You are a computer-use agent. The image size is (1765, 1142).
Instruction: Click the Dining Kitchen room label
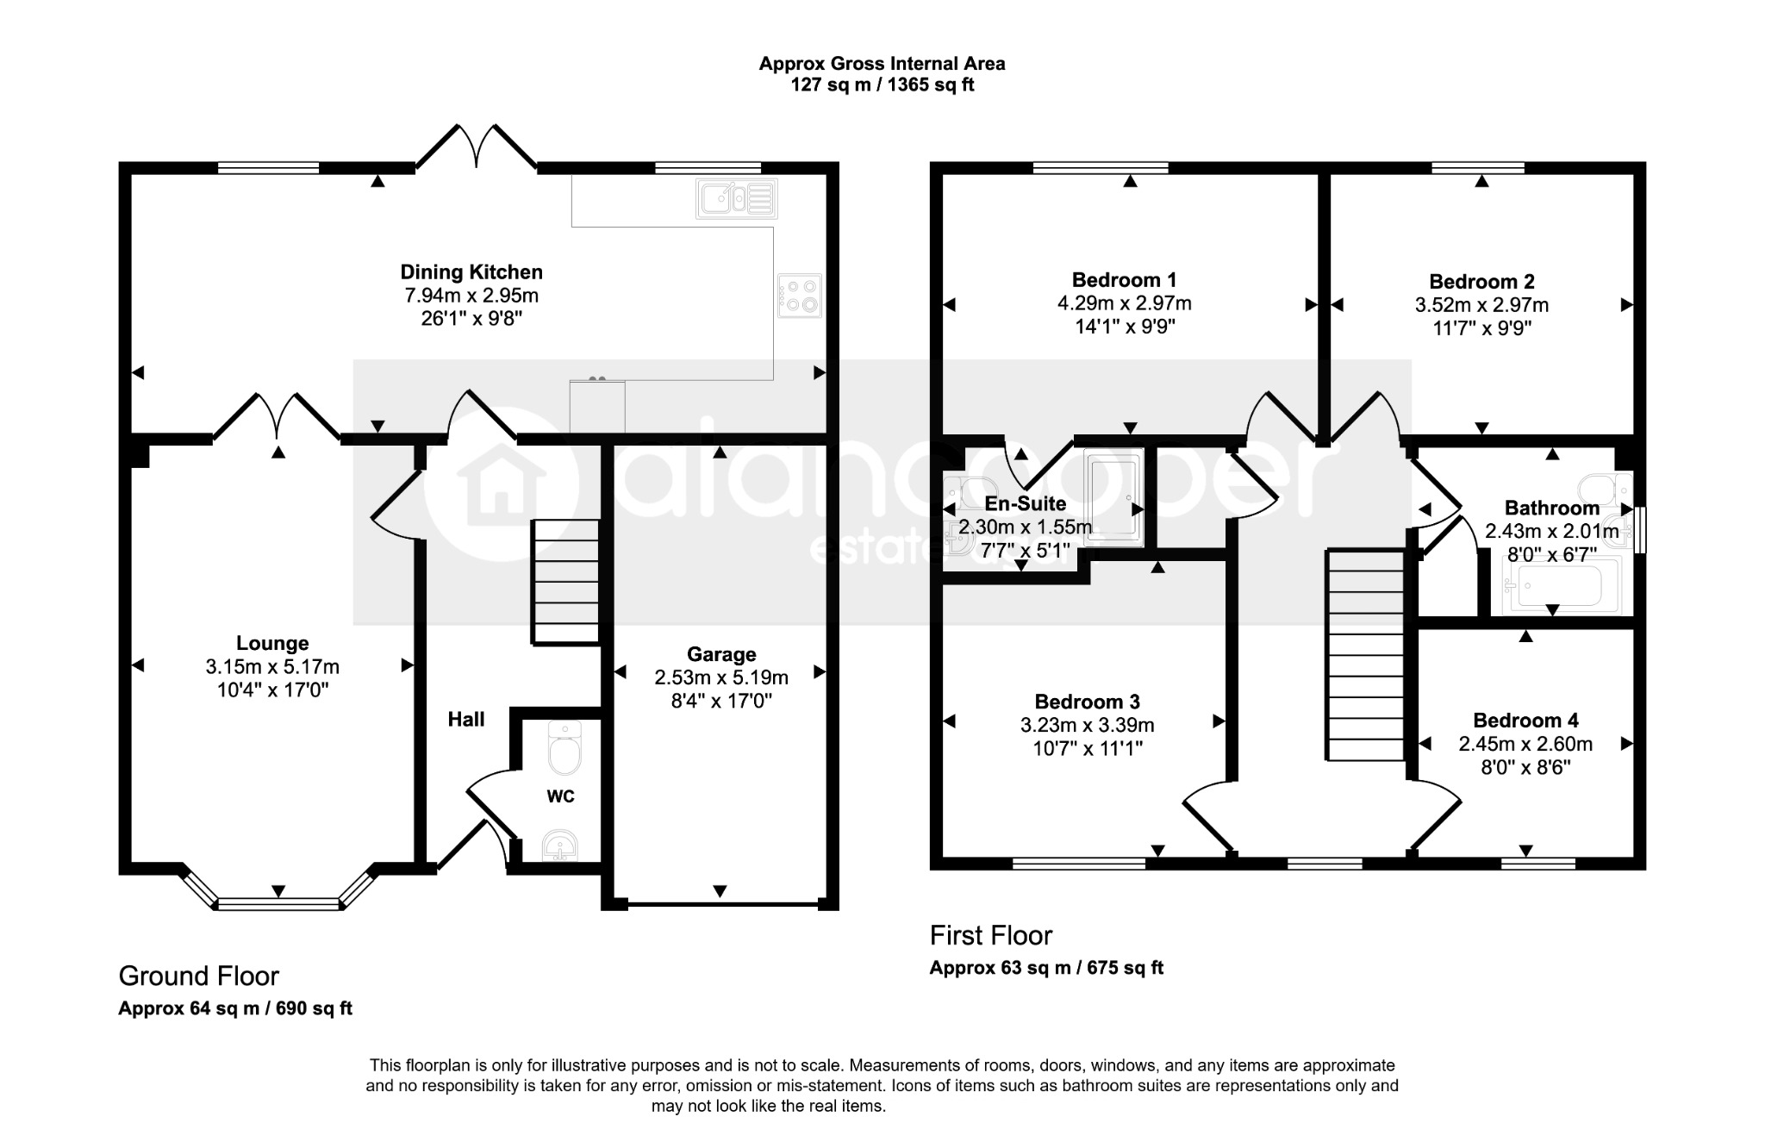(x=471, y=272)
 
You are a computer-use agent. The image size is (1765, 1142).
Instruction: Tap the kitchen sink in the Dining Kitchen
(x=737, y=199)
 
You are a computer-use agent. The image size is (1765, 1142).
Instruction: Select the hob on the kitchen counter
(x=800, y=296)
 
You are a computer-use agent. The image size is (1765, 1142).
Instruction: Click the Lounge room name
(x=272, y=643)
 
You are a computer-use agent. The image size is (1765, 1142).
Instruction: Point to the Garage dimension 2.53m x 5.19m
(x=721, y=677)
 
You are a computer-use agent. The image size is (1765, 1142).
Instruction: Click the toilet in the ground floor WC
(x=565, y=748)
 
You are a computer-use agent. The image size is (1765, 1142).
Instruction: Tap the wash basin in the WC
(x=561, y=846)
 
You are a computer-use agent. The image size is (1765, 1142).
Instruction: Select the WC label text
(x=560, y=796)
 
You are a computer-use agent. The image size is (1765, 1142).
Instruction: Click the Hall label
(x=466, y=720)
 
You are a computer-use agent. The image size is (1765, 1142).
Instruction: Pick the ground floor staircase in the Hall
(x=564, y=581)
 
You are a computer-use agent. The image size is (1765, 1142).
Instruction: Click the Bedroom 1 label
(x=1124, y=280)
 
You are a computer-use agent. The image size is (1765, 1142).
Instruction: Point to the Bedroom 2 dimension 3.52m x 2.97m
(x=1481, y=305)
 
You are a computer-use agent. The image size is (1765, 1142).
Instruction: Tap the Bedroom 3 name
(x=1088, y=702)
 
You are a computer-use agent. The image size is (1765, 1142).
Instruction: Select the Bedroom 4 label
(x=1525, y=721)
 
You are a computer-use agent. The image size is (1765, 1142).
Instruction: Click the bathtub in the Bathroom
(x=1561, y=585)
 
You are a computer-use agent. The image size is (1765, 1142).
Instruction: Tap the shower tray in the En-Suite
(x=1114, y=497)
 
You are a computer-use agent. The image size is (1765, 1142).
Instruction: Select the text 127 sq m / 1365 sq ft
(x=882, y=85)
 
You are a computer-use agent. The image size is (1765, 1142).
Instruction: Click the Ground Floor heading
(x=199, y=976)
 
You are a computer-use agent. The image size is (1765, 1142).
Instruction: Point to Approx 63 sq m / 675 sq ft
(x=1046, y=968)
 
